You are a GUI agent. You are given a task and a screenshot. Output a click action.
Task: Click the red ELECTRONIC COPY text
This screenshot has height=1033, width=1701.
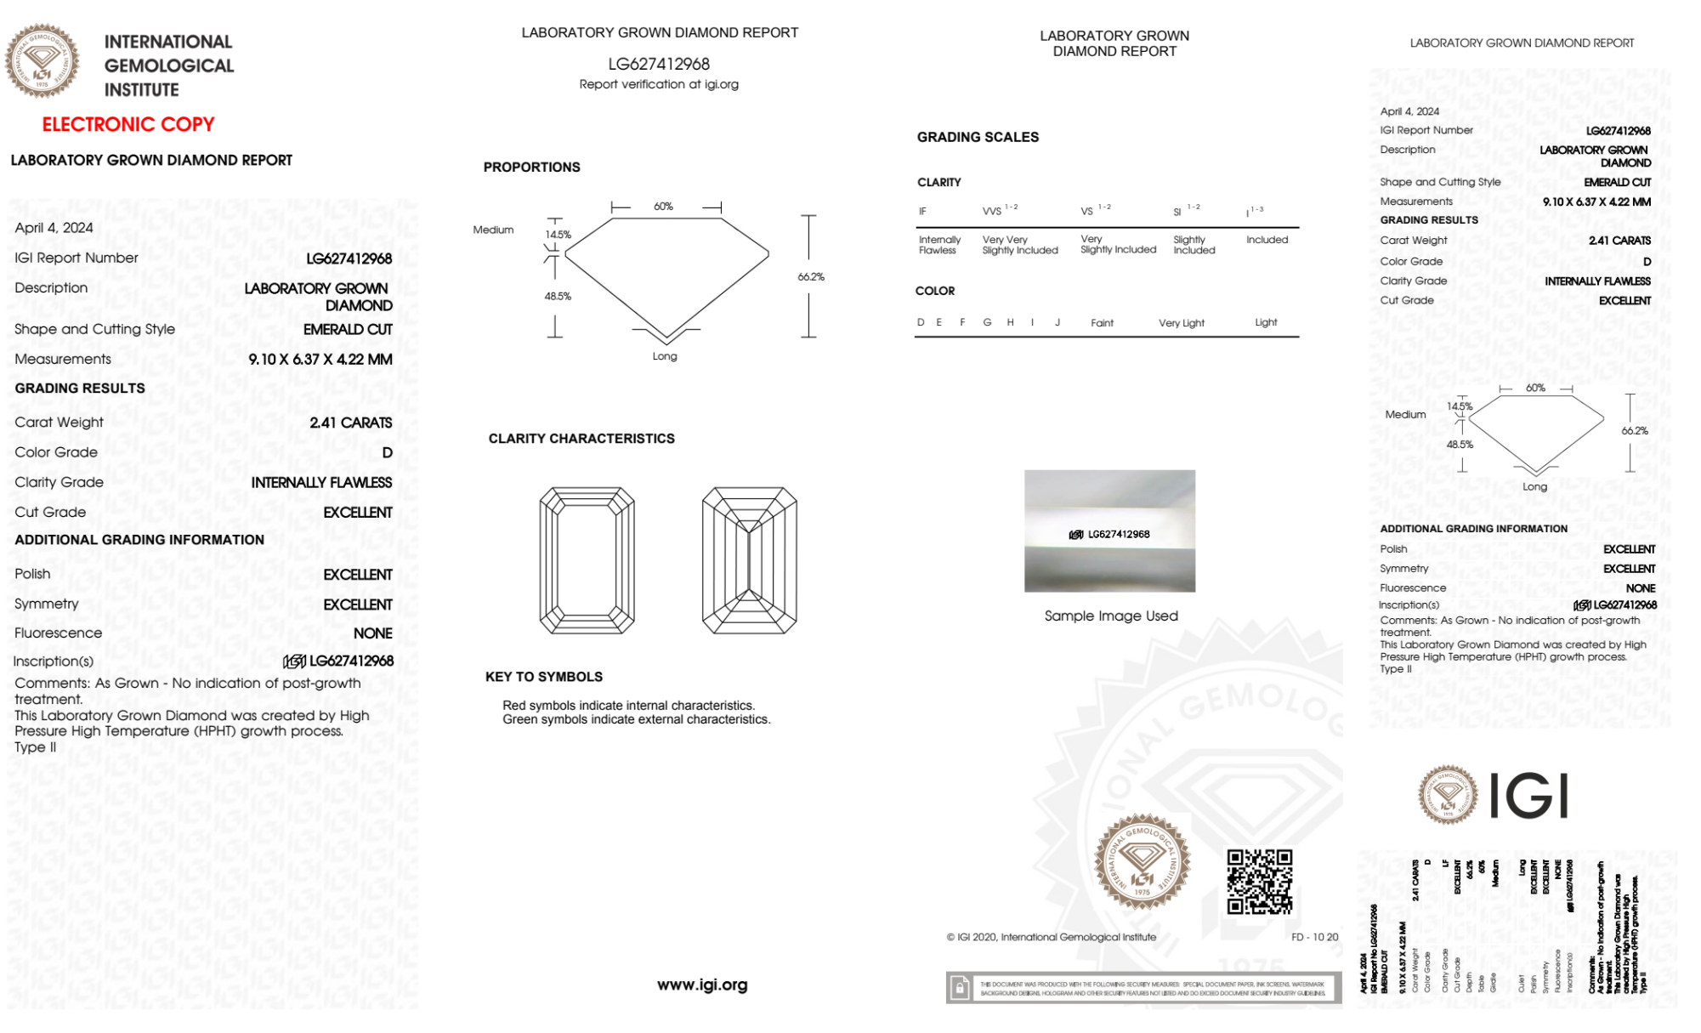[128, 125]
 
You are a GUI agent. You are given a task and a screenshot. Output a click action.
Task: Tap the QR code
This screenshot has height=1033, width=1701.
[1259, 882]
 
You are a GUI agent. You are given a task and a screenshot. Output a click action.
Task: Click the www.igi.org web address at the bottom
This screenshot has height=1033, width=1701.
[702, 985]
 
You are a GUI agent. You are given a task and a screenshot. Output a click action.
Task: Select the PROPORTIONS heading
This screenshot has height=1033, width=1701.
[531, 167]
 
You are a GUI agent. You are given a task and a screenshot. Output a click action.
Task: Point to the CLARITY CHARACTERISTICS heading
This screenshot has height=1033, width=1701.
[581, 439]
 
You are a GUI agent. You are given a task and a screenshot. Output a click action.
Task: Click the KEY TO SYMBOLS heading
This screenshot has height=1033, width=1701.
[544, 677]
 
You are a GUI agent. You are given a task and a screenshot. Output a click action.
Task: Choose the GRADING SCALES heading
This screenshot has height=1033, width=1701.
[978, 137]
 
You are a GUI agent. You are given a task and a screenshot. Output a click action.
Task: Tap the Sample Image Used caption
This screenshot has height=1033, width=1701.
[1111, 616]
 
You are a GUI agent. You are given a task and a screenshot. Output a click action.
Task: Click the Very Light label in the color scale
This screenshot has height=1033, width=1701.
[1181, 323]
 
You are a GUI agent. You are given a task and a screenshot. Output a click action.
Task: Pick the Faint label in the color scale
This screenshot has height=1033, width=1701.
[1102, 323]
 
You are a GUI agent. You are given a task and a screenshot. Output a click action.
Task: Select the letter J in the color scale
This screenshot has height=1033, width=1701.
[1057, 322]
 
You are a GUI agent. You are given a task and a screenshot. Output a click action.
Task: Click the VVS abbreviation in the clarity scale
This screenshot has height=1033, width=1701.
[992, 212]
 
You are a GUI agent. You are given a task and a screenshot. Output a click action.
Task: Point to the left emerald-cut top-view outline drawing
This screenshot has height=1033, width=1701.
[587, 560]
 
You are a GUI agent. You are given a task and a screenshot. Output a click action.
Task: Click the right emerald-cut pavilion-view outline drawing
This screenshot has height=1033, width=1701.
[749, 560]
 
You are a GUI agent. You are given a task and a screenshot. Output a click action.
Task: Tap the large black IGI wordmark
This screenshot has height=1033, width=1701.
[1528, 797]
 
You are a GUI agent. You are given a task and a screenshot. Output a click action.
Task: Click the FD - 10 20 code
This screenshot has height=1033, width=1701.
[1314, 937]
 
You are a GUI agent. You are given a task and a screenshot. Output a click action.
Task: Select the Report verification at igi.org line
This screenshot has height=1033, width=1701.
[659, 84]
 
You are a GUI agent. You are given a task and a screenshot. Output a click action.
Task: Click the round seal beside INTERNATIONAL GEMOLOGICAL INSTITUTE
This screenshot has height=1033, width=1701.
[42, 60]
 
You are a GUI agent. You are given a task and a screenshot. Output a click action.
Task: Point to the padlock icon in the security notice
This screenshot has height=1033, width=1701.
[960, 988]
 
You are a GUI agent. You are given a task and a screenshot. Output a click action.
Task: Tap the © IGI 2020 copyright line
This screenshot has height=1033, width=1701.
[1051, 937]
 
